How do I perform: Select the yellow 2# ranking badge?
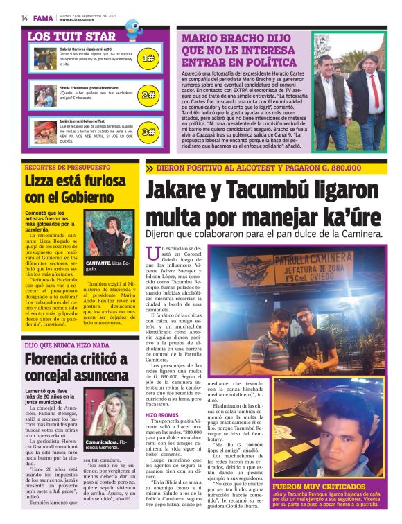(148, 95)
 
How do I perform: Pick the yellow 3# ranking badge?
(148, 132)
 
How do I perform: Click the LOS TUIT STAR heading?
(72, 36)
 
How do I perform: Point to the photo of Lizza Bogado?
(107, 232)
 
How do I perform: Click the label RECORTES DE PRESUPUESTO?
(67, 168)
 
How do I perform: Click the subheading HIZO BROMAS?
(162, 414)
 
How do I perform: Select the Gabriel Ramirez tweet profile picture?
(46, 56)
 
